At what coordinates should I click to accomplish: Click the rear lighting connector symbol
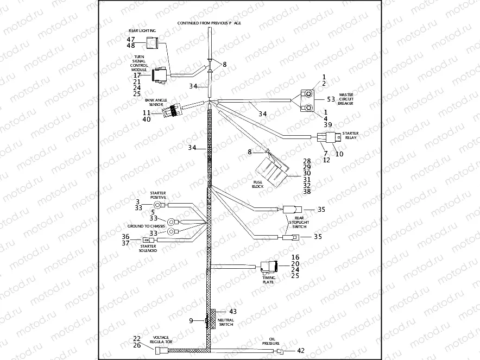pos(153,43)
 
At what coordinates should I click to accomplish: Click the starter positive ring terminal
pos(166,205)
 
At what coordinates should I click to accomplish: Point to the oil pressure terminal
pos(281,352)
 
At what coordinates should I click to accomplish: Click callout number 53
pos(331,100)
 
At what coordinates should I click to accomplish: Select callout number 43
pos(233,312)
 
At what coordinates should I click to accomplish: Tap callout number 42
pos(301,351)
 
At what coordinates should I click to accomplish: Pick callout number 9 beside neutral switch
pos(191,321)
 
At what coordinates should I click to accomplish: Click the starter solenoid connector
pos(146,240)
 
